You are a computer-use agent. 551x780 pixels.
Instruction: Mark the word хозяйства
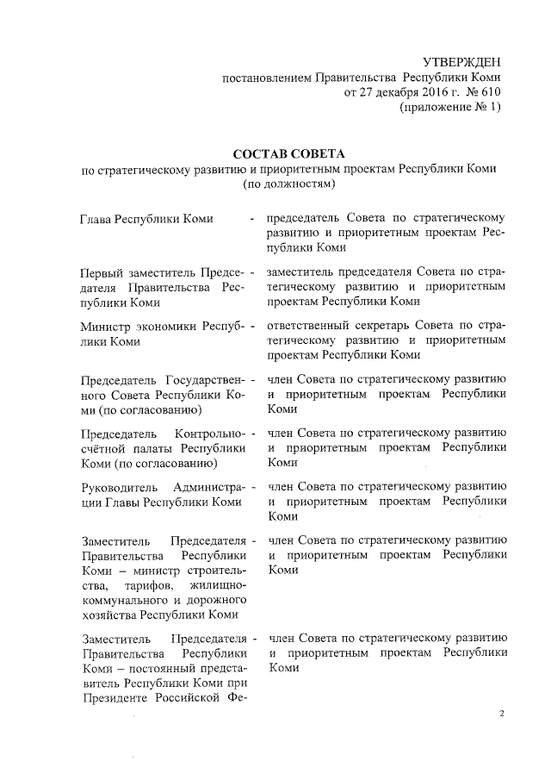[x=108, y=615]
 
